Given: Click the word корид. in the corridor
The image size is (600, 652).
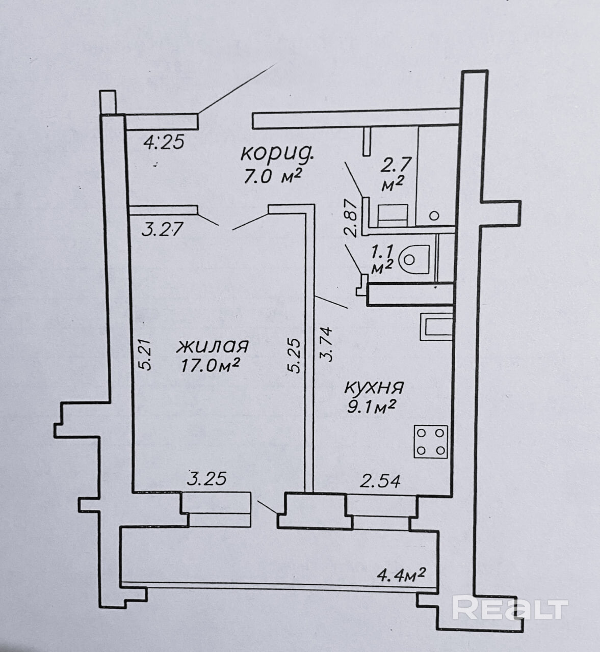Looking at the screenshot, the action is tap(277, 153).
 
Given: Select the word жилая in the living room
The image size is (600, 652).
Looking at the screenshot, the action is tap(213, 346).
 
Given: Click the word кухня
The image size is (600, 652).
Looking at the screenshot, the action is tap(374, 387).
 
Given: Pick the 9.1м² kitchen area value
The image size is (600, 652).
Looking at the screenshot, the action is tap(371, 406).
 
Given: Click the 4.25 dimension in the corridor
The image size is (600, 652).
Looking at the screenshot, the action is tap(164, 142).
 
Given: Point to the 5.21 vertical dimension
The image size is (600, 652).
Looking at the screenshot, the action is tap(146, 355).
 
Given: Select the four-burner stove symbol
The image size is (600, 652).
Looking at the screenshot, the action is tap(431, 442).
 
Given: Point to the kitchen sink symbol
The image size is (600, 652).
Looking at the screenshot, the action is tap(436, 327).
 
